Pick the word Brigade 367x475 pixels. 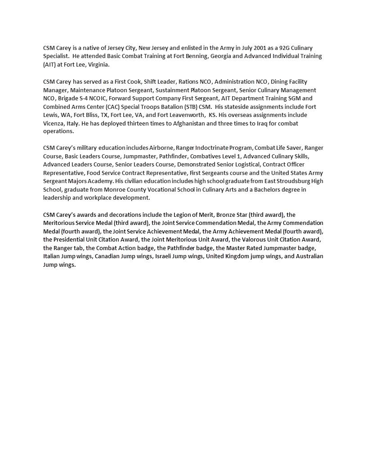tap(68, 99)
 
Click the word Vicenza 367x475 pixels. tap(54, 123)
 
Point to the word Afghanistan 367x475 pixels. tap(189, 123)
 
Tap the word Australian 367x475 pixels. tap(309, 256)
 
